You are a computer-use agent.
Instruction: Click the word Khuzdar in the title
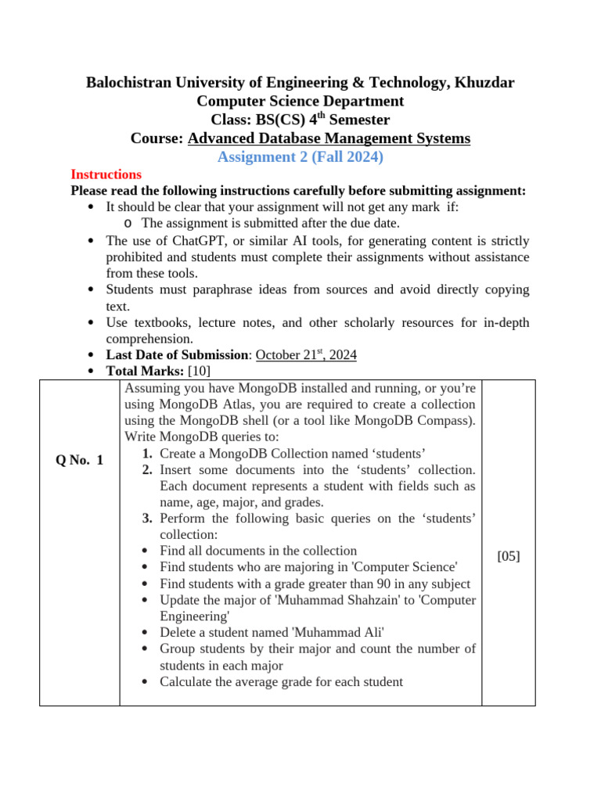481,82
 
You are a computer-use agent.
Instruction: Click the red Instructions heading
106,174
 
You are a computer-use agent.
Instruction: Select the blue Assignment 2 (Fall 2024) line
300,157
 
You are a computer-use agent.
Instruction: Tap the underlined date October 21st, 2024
306,354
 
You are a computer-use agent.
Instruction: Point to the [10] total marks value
200,371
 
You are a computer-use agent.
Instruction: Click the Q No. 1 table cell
80,461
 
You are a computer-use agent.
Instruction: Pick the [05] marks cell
509,556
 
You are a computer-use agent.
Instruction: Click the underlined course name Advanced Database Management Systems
329,138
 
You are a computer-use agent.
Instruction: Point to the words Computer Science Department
300,101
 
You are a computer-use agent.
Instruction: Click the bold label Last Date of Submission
178,354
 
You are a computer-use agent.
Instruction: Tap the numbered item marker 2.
147,469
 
